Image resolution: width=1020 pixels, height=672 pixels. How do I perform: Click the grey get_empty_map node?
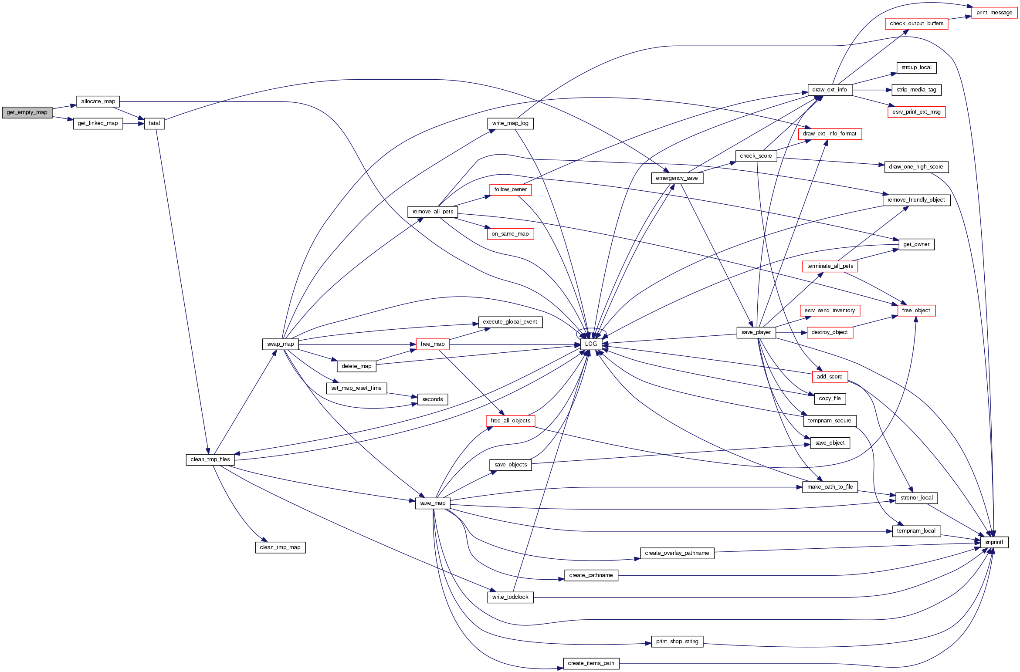(27, 112)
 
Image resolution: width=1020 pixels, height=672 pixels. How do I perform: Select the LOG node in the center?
(591, 344)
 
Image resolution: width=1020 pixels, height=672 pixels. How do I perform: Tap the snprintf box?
(994, 542)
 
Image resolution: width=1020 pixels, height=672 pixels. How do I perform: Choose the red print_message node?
(994, 13)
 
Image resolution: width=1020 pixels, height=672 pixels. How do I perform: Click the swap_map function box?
(281, 344)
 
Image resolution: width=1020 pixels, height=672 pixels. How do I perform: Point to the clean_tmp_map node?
(280, 547)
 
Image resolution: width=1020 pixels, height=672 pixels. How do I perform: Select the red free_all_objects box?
(510, 421)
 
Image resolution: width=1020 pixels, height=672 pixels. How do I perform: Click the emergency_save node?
(677, 178)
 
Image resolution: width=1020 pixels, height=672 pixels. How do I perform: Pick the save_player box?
(756, 332)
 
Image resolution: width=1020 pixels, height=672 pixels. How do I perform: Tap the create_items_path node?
(591, 663)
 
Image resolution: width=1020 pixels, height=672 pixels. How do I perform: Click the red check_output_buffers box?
(916, 24)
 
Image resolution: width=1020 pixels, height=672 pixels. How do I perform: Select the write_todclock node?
(510, 597)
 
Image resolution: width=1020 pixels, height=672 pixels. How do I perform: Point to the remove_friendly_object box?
(916, 200)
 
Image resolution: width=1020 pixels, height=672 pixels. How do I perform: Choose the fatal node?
(154, 123)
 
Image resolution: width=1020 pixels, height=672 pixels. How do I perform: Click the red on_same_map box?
(510, 234)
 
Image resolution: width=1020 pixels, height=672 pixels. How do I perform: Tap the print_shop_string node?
(677, 642)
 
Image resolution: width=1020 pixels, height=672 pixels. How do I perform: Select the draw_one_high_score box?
(916, 167)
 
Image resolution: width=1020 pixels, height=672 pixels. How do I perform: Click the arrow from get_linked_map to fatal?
(133, 124)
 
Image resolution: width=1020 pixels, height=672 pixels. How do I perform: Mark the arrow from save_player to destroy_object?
(791, 333)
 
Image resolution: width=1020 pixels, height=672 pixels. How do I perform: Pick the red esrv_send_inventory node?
(830, 311)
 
